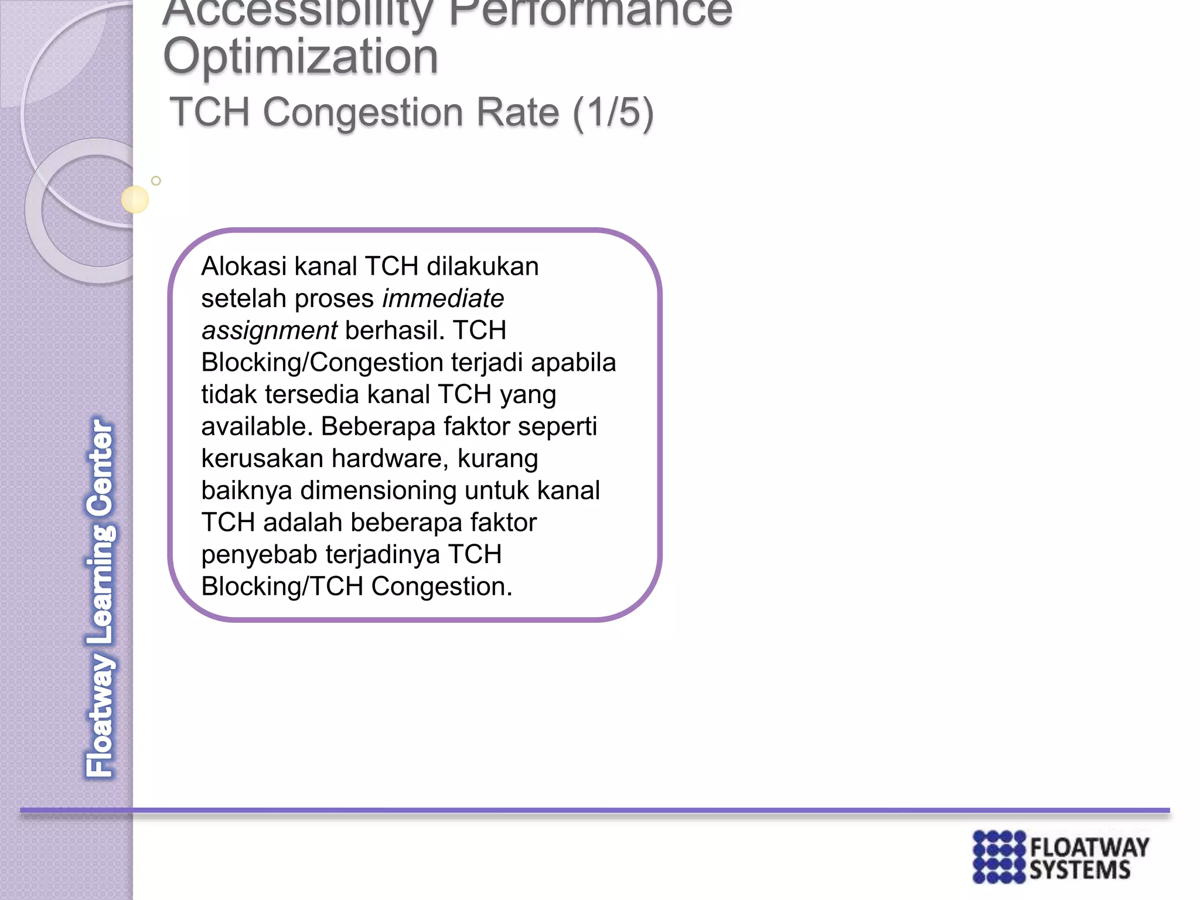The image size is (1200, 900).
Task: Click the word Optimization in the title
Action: click(x=301, y=57)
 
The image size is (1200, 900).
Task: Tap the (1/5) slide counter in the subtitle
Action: click(x=613, y=112)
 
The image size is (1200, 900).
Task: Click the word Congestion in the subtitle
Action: click(x=411, y=112)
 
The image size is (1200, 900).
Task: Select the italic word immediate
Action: click(x=443, y=299)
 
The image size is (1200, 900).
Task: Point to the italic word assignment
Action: click(x=270, y=331)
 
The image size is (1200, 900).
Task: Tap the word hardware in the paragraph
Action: click(x=386, y=459)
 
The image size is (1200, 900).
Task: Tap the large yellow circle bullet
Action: click(x=135, y=199)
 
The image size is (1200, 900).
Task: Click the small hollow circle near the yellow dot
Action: click(x=156, y=181)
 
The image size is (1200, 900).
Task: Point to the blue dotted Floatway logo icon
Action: click(x=999, y=857)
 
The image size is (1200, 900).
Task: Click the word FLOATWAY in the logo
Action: click(x=1089, y=847)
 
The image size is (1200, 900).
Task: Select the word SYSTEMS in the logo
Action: click(x=1080, y=871)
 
